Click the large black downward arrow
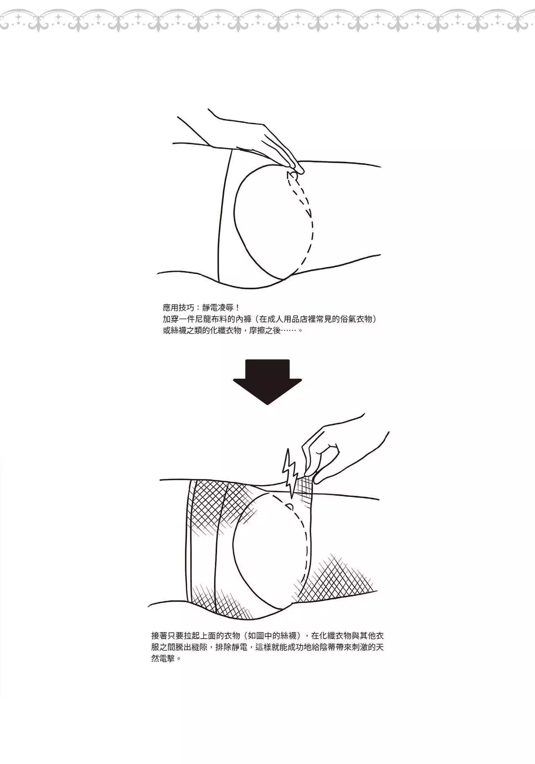click(x=267, y=382)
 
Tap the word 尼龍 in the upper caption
click(x=209, y=319)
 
